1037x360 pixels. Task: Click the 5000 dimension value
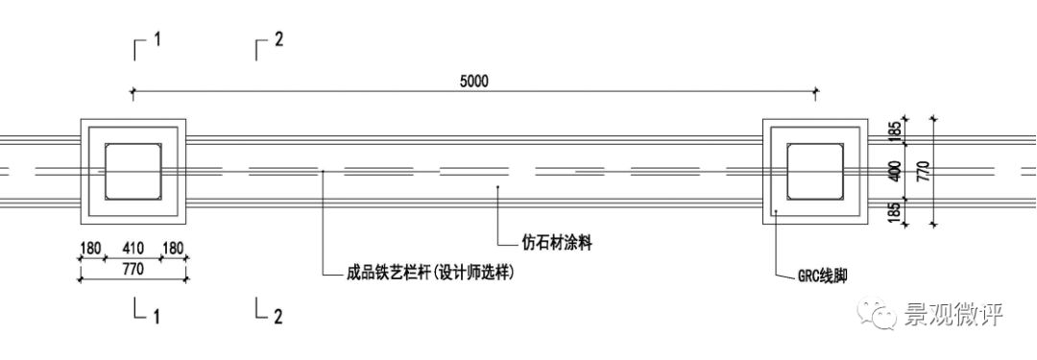coord(473,82)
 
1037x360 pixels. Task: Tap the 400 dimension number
coord(896,172)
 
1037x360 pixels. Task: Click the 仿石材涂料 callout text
coord(557,243)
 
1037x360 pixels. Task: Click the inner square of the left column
coord(133,172)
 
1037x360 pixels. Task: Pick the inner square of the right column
coord(814,172)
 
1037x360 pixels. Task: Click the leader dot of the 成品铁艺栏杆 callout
coord(324,172)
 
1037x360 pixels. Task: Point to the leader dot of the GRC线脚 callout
coord(775,208)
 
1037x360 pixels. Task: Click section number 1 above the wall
coord(157,40)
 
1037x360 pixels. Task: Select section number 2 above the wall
coord(278,40)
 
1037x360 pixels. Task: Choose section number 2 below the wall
coord(278,315)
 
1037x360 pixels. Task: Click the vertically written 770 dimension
coord(923,172)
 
